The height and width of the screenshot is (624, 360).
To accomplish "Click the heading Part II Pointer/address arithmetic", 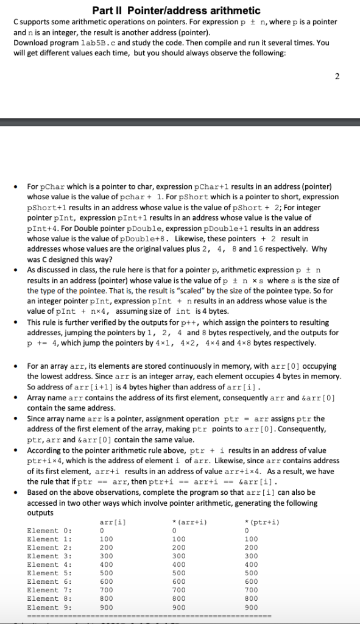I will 175,10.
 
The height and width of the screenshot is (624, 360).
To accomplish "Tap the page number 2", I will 337,77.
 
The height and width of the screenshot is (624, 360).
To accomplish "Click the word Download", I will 29,43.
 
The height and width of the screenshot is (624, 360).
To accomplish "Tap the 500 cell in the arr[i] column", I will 106,573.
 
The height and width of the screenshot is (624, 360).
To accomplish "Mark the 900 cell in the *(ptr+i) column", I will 250,608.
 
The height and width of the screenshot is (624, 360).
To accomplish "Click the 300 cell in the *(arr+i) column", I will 179,556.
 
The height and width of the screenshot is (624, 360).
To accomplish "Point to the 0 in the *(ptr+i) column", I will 245,530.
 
